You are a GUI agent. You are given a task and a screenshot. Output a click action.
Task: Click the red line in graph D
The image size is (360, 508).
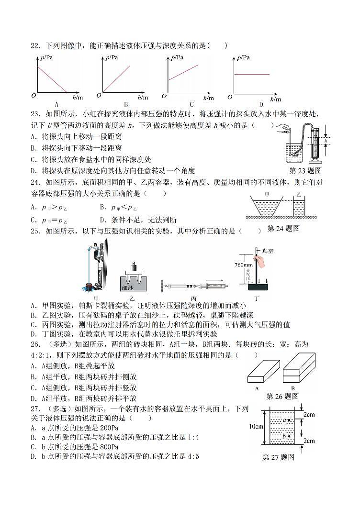251,74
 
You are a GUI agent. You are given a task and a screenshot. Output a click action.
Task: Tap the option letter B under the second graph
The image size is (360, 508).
126,104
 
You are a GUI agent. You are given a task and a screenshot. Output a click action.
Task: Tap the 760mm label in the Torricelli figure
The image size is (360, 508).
244,265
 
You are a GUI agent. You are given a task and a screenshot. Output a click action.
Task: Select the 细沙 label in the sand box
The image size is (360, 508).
128,288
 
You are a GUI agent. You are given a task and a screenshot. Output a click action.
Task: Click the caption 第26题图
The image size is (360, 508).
282,396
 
